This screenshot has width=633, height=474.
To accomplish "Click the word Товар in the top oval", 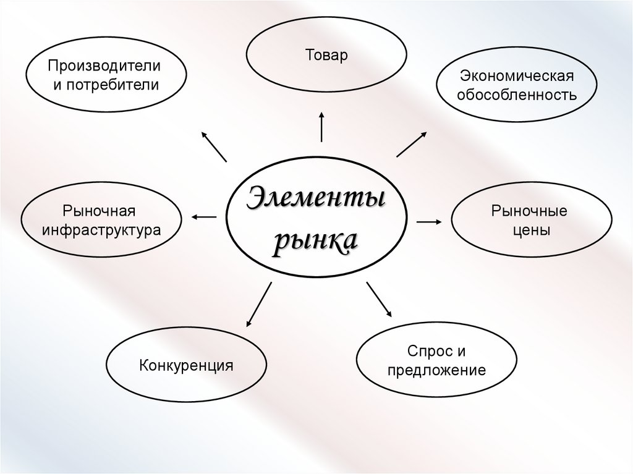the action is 326,56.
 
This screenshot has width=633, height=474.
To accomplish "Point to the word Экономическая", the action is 517,76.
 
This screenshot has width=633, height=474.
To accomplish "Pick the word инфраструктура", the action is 101,231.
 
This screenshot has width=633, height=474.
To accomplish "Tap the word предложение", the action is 436,371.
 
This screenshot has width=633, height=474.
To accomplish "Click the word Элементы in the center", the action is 316,199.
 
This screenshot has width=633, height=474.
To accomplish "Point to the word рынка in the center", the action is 316,240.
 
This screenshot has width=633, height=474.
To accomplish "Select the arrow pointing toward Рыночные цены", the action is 429,221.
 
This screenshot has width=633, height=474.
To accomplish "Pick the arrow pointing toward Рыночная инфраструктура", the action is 204,216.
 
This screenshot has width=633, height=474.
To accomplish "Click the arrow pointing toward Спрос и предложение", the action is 379,300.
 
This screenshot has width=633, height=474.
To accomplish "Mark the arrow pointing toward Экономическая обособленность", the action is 411,144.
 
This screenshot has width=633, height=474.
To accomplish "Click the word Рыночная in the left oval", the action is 100,211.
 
